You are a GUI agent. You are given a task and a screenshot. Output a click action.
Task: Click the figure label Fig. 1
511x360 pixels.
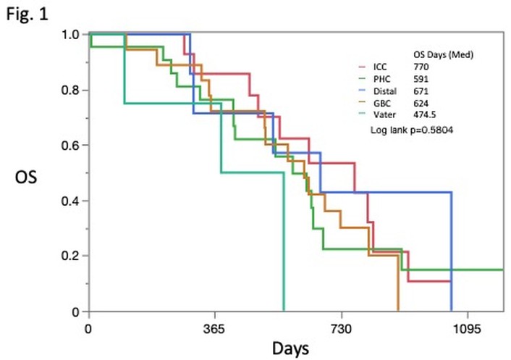[x=28, y=14]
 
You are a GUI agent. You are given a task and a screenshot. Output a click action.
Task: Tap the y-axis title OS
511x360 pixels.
[x=26, y=177]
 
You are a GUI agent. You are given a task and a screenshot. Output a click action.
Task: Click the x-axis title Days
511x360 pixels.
[x=290, y=348]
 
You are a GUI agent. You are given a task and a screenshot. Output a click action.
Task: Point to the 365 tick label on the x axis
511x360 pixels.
[x=214, y=329]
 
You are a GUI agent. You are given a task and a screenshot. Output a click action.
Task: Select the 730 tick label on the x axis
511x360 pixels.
[x=341, y=329]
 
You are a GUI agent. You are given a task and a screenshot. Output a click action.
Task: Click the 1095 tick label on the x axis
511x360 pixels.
[x=468, y=329]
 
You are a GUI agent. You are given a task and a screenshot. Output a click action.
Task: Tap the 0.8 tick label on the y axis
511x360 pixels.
[x=70, y=90]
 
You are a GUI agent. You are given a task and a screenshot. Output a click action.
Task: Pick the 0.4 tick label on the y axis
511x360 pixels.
[x=70, y=201]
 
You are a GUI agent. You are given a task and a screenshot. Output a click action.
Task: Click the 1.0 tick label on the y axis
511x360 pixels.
[x=70, y=34]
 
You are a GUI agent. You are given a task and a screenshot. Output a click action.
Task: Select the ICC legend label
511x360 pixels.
[x=380, y=67]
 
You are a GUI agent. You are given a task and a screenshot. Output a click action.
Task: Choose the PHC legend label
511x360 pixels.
[x=381, y=79]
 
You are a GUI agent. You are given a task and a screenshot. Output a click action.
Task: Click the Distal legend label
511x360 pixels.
[x=385, y=91]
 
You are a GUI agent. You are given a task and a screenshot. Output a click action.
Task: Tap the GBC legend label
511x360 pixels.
[x=382, y=104]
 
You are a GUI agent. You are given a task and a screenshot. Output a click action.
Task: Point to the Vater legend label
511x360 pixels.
[x=384, y=114]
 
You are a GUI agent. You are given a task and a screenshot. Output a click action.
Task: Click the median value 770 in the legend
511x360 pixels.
[x=421, y=67]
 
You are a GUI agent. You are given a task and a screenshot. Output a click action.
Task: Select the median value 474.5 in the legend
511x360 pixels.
[x=425, y=114]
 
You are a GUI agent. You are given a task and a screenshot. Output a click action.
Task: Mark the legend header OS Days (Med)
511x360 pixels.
[x=443, y=54]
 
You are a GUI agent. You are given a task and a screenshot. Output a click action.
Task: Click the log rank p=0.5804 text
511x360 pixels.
[x=412, y=130]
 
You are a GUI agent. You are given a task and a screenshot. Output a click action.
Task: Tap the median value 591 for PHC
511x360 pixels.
[x=421, y=79]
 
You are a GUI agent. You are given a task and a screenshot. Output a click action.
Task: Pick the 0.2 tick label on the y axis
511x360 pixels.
[x=70, y=256]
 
